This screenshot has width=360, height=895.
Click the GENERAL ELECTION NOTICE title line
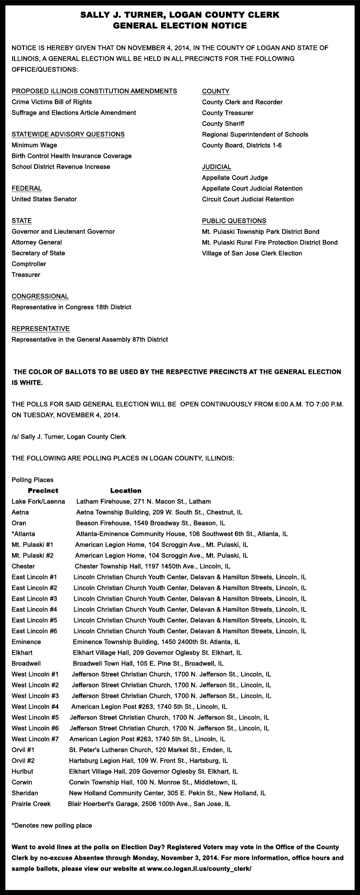180,26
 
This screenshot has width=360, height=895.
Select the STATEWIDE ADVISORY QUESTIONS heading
68,135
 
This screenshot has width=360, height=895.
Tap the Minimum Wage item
34,145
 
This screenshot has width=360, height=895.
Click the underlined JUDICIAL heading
216,167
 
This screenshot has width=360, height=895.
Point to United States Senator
44,199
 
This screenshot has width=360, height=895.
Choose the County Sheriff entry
223,124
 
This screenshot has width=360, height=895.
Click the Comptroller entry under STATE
29,264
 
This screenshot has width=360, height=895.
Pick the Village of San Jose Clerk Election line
252,253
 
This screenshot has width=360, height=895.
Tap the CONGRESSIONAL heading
40,297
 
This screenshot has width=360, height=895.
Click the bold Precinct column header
43,491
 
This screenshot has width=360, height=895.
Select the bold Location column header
126,491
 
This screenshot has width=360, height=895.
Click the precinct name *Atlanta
23,534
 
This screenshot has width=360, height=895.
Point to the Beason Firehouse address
150,523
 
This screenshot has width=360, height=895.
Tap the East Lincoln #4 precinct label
34,610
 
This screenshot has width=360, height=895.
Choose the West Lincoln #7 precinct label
35,739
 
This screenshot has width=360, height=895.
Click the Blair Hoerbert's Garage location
149,804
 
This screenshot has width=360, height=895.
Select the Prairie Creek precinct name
31,804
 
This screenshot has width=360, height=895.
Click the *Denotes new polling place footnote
52,826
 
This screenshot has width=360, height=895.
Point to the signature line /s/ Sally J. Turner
68,437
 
